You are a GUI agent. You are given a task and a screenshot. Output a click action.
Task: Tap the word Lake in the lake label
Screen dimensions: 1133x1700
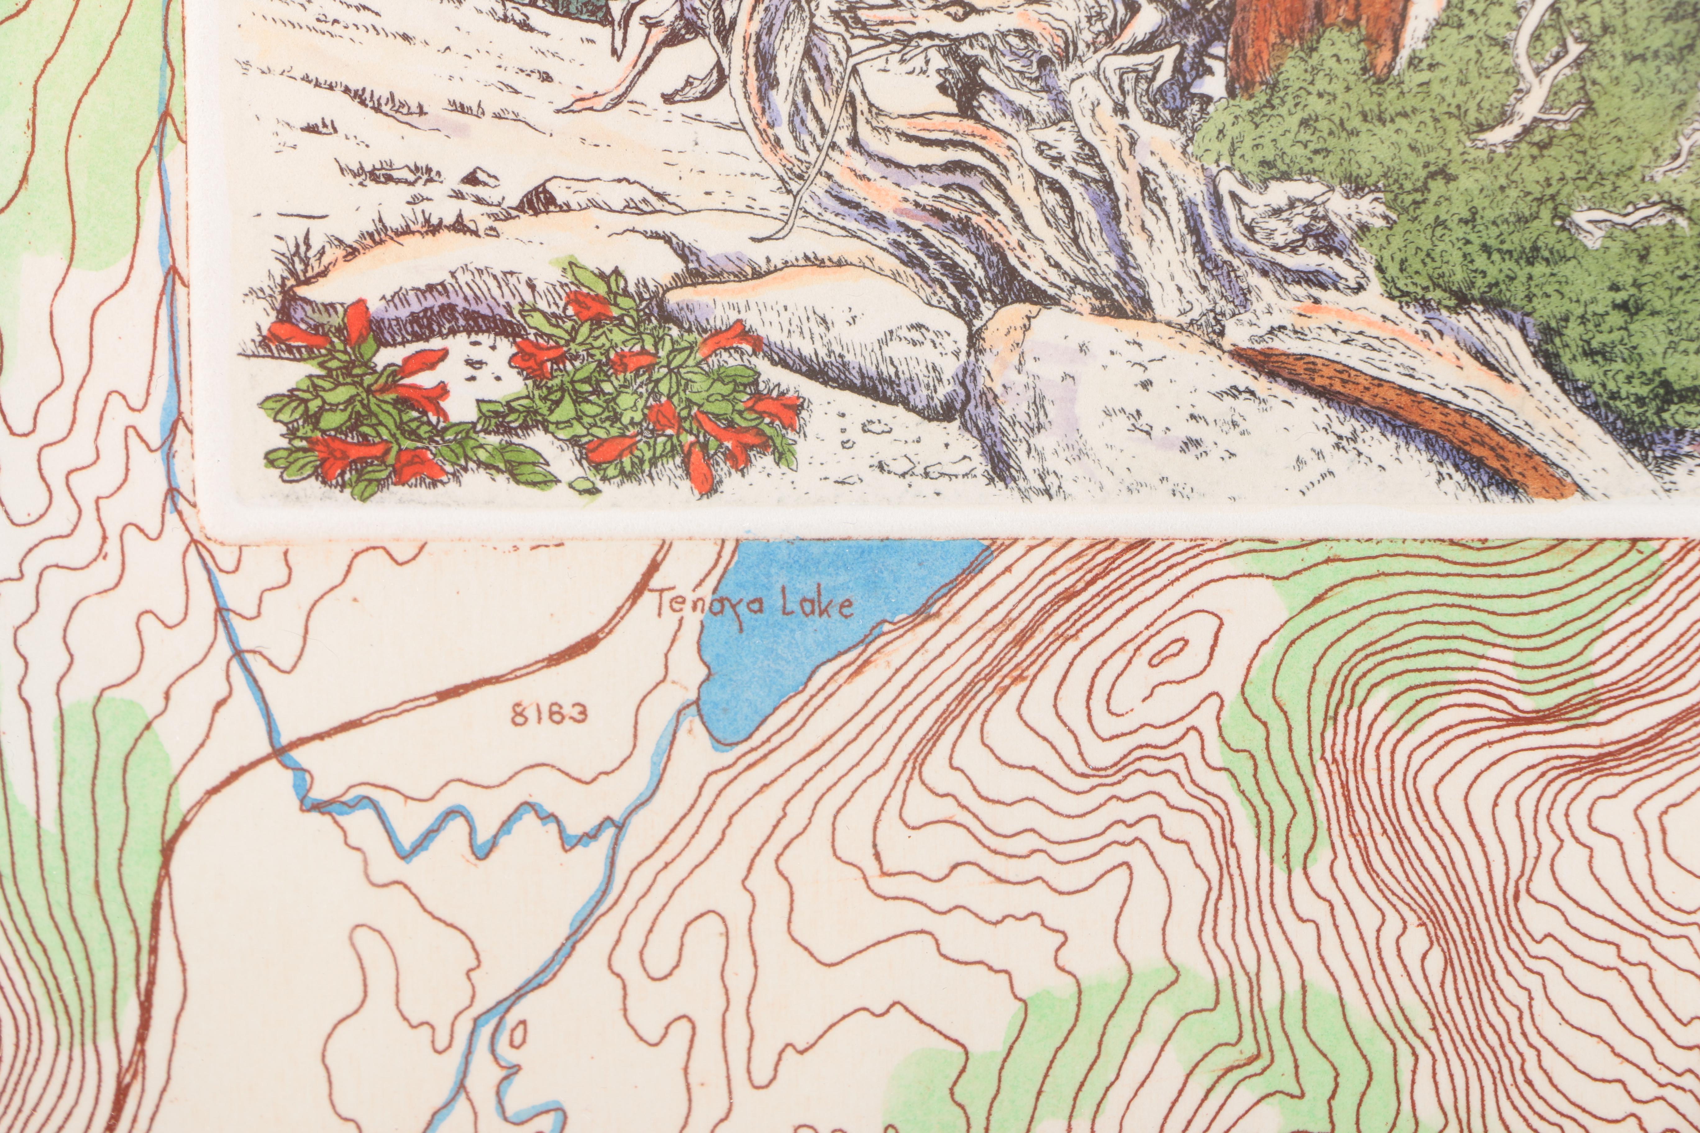coord(818,606)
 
